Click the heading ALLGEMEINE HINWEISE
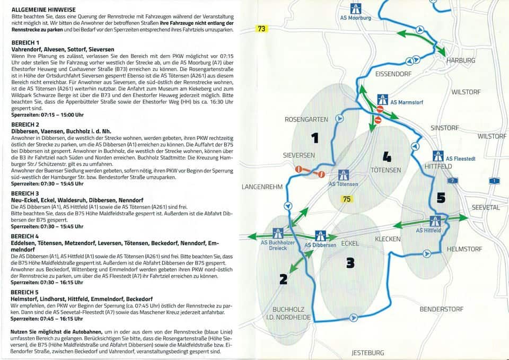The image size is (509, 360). click(x=43, y=10)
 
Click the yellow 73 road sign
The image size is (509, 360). click(x=261, y=29)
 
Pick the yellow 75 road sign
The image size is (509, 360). click(x=347, y=199)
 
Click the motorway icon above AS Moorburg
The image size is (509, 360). click(x=355, y=8)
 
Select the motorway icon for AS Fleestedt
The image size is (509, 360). click(x=438, y=156)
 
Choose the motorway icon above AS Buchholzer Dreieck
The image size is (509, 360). click(x=277, y=233)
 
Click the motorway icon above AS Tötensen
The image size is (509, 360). click(x=343, y=175)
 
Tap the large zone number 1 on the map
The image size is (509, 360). click(x=315, y=138)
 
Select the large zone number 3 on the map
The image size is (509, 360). click(x=350, y=262)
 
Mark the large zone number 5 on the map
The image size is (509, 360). click(x=441, y=198)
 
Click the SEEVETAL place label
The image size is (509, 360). click(x=485, y=208)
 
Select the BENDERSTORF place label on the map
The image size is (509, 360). click(x=441, y=309)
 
